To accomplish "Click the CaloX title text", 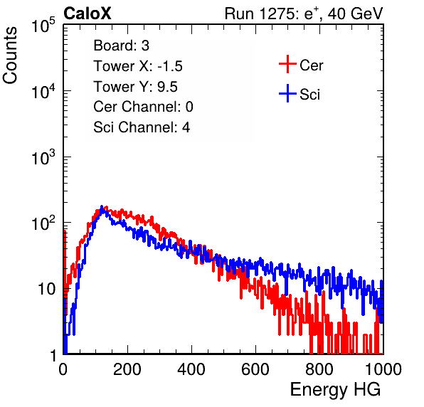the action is coord(88,14).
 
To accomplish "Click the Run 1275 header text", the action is coord(304,14).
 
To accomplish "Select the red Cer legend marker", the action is coord(287,64).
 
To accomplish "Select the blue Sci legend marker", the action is coord(287,93).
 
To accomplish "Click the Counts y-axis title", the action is coord(10,55).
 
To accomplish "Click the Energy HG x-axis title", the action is coord(335,390).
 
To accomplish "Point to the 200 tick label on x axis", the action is coord(127,369).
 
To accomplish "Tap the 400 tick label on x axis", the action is coord(191,369).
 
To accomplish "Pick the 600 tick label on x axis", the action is coord(255,369).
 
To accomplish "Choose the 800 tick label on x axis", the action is coord(319,369).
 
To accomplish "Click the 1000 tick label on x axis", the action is coord(383,369).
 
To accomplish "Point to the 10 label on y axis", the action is coord(46,289).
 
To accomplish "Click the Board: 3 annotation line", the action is coord(121,46).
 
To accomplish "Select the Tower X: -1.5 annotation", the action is coord(138,66).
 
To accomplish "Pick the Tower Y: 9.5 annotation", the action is coord(135,87).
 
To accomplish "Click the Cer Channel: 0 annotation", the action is coord(143,107).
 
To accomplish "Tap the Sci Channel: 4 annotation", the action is coord(142,127).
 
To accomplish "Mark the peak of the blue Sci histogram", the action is coord(102,206).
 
